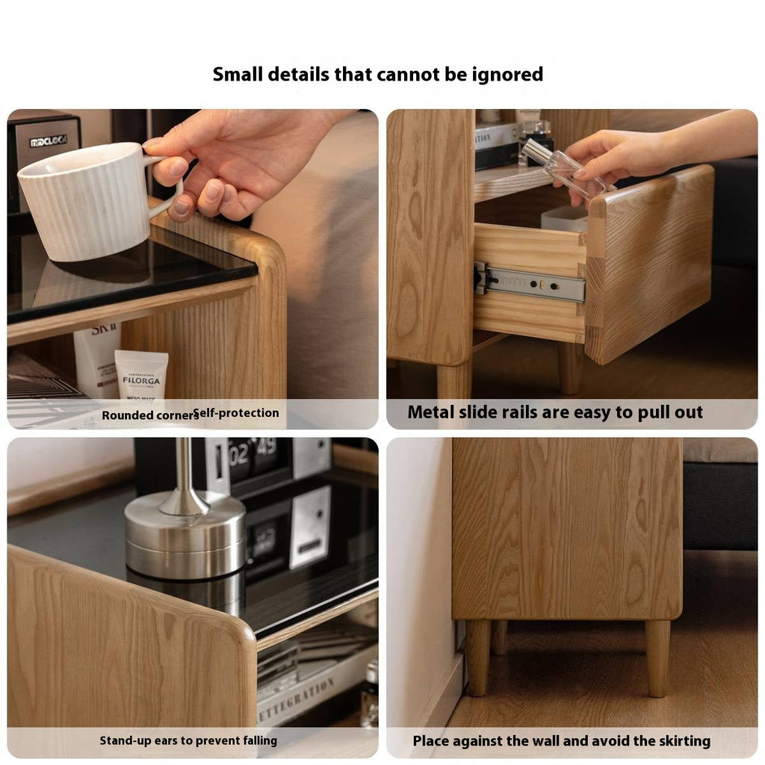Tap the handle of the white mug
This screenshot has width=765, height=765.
168,191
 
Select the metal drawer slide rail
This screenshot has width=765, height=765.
530,283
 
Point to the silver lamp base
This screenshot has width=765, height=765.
185,534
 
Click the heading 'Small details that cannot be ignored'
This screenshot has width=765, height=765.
378,74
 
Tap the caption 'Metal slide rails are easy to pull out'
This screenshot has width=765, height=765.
555,412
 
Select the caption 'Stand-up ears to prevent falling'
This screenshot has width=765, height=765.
188,740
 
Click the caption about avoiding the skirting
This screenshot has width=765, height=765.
561,741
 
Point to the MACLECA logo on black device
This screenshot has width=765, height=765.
48,141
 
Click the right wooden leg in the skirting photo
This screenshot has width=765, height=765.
657,657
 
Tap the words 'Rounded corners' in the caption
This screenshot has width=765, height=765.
148,415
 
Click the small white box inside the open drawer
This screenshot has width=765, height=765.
564,218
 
